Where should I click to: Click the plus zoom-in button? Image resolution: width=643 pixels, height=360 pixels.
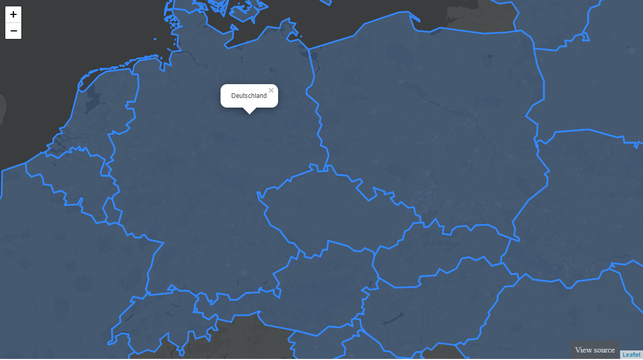[13, 14]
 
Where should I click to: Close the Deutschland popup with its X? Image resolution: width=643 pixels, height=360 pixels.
[271, 91]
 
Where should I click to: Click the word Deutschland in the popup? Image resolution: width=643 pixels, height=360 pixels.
[249, 96]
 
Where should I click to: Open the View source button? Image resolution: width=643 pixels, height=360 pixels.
[595, 350]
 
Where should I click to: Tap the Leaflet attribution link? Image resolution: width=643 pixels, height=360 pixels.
[631, 355]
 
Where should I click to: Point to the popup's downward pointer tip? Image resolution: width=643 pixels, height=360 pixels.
[249, 113]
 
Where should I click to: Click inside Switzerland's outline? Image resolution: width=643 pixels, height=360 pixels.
[160, 320]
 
